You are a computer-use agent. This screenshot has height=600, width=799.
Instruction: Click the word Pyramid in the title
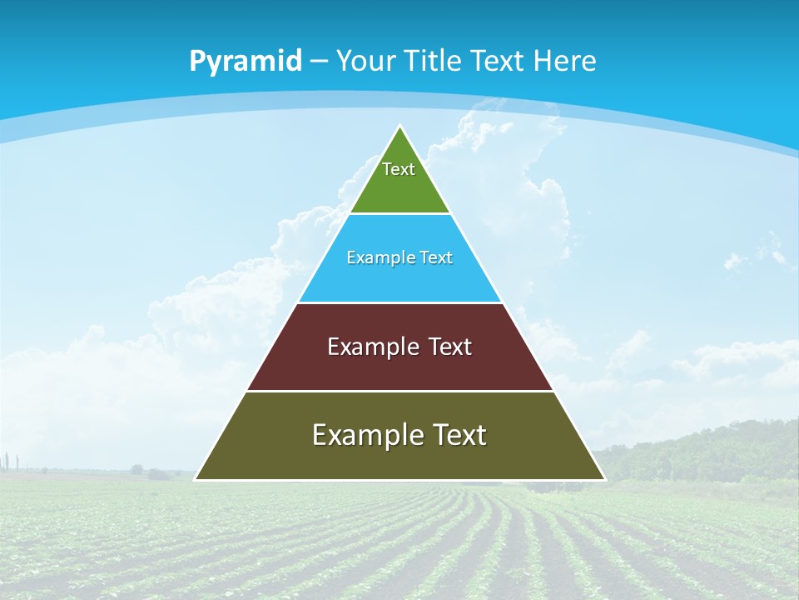(245, 62)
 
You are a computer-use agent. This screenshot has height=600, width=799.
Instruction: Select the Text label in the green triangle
(399, 169)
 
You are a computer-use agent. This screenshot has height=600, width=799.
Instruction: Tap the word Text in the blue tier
(437, 257)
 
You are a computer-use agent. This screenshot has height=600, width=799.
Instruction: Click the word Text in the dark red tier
(450, 347)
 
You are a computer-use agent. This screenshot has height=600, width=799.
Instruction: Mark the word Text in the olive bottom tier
(458, 435)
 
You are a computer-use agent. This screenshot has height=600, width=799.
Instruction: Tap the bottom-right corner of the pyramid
(604, 479)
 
